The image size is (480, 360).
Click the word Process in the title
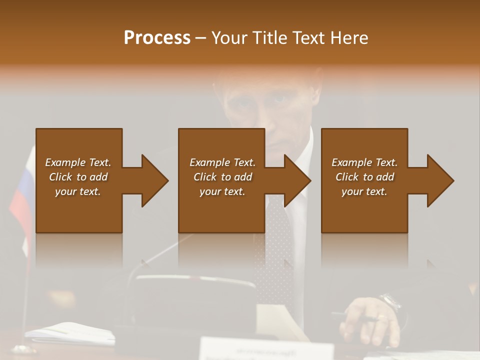point(157,38)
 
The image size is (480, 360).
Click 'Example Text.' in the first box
point(78,162)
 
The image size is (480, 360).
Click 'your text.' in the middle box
point(222,191)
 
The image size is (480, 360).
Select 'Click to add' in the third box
point(364,177)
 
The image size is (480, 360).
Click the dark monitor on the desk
point(195,300)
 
